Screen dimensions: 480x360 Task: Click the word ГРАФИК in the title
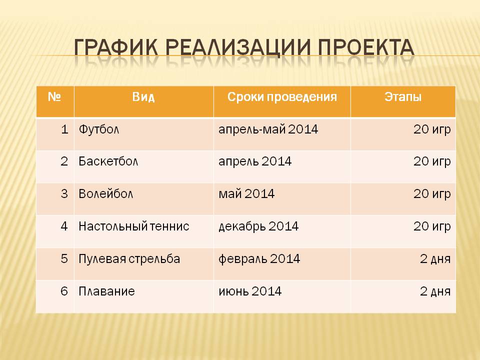click(x=116, y=48)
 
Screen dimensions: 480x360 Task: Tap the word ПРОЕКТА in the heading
click(x=366, y=48)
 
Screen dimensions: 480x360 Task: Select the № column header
click(x=54, y=96)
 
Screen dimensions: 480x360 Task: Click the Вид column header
click(x=143, y=96)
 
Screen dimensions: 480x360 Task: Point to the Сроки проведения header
click(x=282, y=97)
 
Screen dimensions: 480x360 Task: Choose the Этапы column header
click(x=403, y=96)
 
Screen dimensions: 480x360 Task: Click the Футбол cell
click(x=99, y=129)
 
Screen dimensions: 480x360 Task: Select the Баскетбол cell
click(x=108, y=161)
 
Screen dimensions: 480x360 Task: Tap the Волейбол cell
click(x=105, y=194)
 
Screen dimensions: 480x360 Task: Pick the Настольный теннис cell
click(x=134, y=226)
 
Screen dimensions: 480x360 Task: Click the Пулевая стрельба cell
click(x=129, y=258)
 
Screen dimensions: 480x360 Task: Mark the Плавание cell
click(x=106, y=291)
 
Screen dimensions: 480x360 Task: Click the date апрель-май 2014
click(x=268, y=129)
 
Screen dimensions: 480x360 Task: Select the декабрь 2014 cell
click(x=258, y=226)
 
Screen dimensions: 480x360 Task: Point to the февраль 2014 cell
click(x=259, y=259)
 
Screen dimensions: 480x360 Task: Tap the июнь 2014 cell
click(x=250, y=291)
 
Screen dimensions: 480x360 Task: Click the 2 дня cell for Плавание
click(x=435, y=291)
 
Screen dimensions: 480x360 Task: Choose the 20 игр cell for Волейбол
click(x=432, y=194)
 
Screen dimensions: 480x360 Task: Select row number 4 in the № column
click(x=64, y=226)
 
